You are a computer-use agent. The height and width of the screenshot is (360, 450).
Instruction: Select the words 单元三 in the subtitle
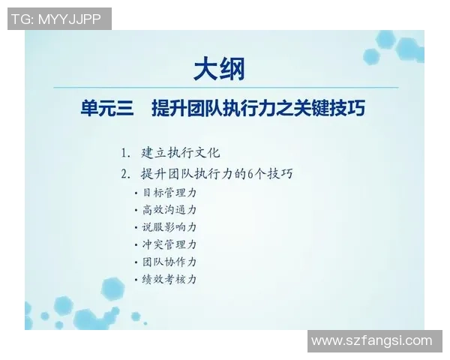coord(106,109)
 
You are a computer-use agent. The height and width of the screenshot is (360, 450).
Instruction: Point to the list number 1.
coord(124,152)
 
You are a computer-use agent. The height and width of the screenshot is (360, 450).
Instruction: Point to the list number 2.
coord(124,174)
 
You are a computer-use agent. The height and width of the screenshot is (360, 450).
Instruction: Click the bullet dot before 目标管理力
coord(136,193)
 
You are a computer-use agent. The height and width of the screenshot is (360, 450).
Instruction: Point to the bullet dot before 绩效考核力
coord(136,280)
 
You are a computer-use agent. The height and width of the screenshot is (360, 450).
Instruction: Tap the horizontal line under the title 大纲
coord(225,88)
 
